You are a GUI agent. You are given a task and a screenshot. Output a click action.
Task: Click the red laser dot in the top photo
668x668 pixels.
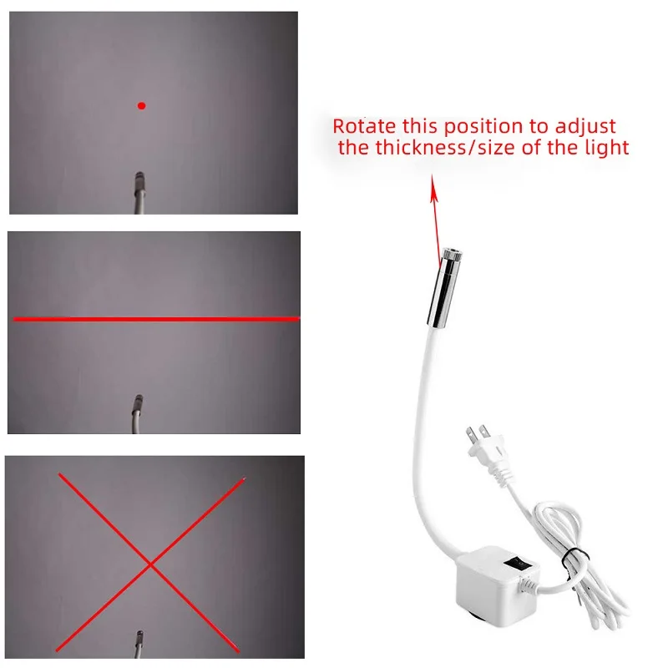[141, 106]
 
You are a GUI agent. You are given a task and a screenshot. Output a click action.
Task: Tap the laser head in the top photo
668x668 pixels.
[139, 181]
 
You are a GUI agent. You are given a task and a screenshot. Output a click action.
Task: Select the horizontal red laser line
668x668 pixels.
[156, 319]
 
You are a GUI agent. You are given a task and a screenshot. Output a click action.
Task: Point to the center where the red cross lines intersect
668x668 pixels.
[150, 565]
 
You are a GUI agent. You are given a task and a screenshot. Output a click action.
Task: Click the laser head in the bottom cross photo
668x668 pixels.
[139, 638]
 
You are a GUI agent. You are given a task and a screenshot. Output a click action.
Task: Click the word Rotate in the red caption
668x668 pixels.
[364, 126]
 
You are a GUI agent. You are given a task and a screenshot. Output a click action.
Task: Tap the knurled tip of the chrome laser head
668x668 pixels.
[452, 255]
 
